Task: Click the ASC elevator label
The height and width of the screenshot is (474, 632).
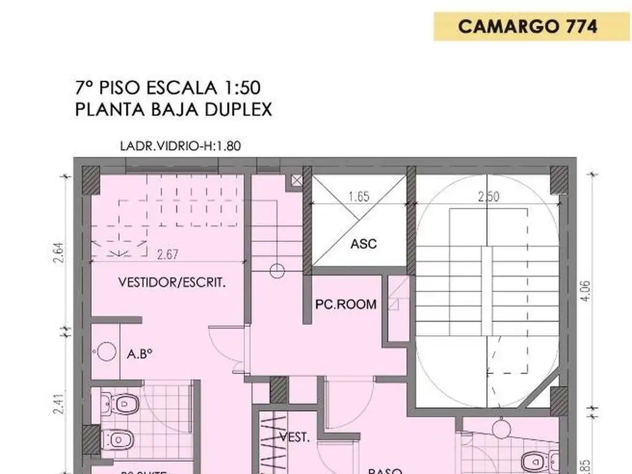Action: pyautogui.click(x=364, y=243)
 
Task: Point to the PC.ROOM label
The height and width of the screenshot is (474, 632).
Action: pyautogui.click(x=346, y=304)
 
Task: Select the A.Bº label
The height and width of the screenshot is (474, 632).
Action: pyautogui.click(x=139, y=354)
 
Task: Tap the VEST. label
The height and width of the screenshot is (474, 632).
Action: pyautogui.click(x=294, y=437)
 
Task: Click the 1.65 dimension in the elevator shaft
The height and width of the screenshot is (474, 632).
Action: pyautogui.click(x=359, y=197)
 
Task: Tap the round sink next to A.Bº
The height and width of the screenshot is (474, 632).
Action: pyautogui.click(x=107, y=351)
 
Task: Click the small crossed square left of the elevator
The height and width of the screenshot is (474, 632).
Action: pyautogui.click(x=298, y=180)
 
